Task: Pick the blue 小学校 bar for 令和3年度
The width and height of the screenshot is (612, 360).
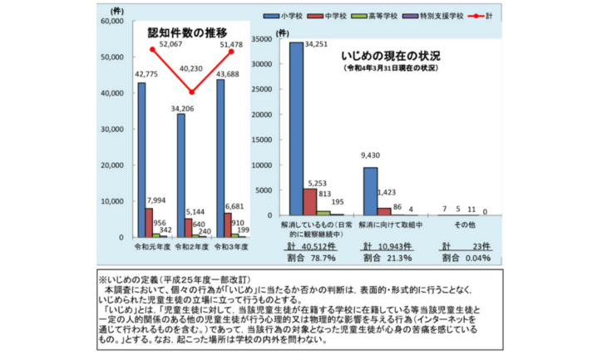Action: click(x=220, y=158)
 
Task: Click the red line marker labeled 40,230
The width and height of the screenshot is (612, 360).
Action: click(x=192, y=91)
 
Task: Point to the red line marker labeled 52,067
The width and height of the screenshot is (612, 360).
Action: click(x=153, y=49)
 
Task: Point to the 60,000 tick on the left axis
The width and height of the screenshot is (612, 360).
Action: click(x=111, y=22)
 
